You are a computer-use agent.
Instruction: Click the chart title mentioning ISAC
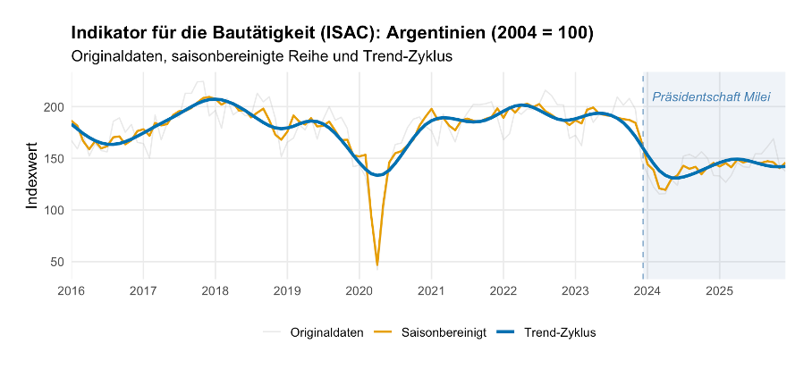point(332,33)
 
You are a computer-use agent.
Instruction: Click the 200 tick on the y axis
point(55,107)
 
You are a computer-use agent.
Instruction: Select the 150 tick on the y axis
point(55,159)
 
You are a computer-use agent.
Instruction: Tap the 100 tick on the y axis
point(55,210)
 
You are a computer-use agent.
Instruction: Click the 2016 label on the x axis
point(72,290)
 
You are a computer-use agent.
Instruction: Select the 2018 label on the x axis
point(216,290)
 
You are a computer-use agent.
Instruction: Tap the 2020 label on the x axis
point(359,290)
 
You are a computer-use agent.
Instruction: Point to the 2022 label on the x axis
point(503,290)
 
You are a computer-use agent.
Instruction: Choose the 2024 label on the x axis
point(647,290)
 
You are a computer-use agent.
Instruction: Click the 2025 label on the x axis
point(720,290)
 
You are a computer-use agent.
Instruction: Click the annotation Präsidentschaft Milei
point(711,96)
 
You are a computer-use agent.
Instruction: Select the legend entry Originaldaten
point(326,332)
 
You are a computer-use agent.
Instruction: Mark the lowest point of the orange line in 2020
point(377,265)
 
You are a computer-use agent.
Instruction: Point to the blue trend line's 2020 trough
point(378,175)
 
